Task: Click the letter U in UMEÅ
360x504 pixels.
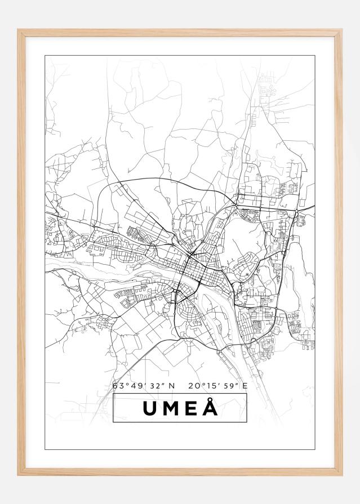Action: click(x=150, y=408)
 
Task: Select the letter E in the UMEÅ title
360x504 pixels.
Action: click(x=191, y=408)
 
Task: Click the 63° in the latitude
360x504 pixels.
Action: click(x=119, y=386)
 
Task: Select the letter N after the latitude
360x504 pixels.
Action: click(x=172, y=386)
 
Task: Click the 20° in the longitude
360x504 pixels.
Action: click(x=197, y=386)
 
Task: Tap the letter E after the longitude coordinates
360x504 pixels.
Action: click(x=246, y=386)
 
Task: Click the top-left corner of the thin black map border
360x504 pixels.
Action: click(x=45, y=56)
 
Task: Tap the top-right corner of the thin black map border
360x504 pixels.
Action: click(x=314, y=56)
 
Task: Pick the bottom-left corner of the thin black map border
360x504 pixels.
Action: click(x=45, y=449)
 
